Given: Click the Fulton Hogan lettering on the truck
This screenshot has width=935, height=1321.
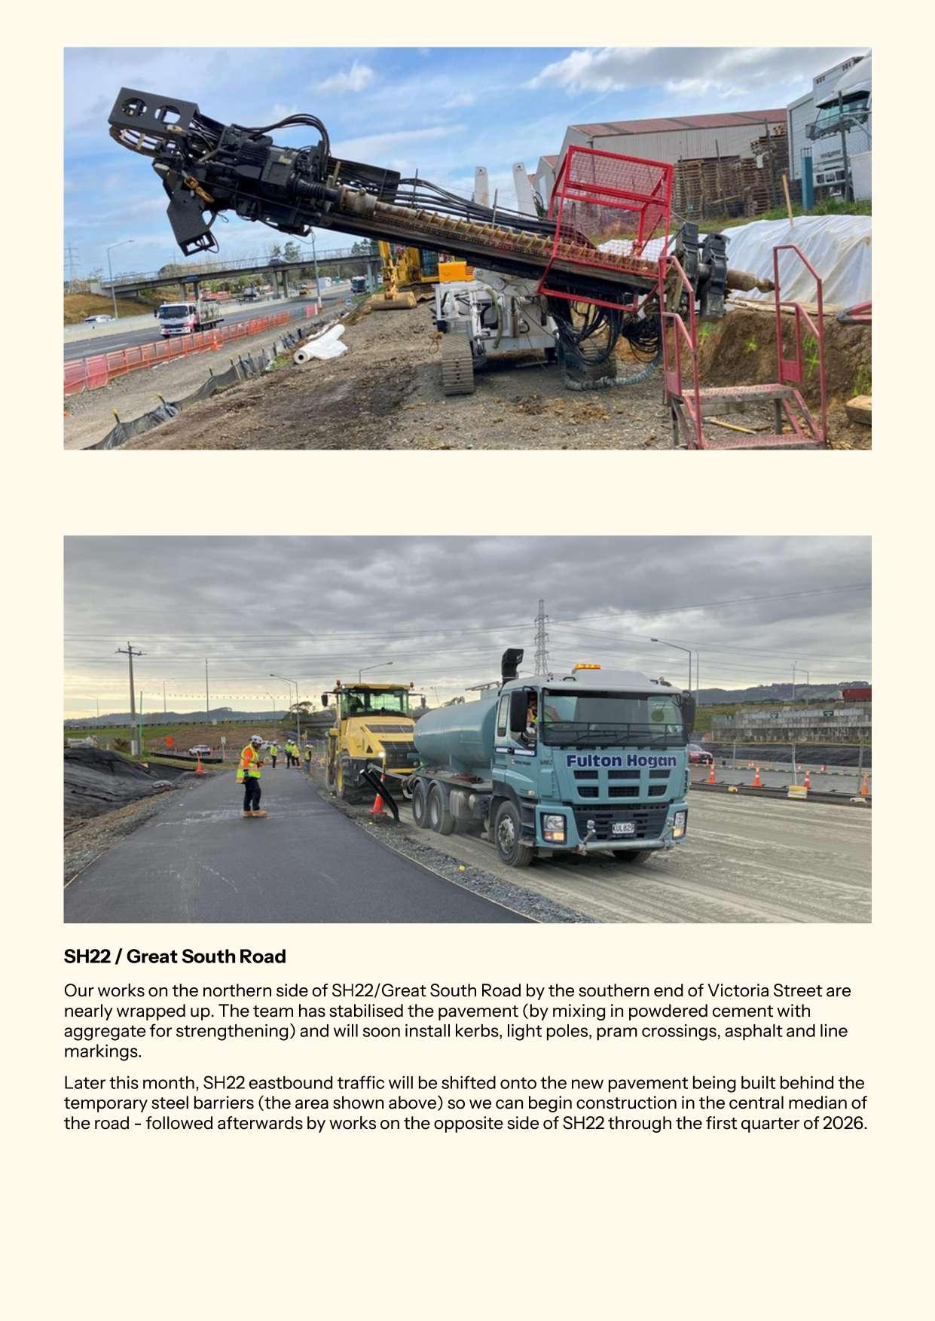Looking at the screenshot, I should coord(621,761).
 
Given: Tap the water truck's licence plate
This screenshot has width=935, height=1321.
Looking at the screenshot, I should coord(622,828).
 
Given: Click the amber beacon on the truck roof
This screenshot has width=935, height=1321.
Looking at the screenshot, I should coord(586,667).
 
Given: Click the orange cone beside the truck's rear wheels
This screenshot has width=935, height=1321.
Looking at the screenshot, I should coord(377,803).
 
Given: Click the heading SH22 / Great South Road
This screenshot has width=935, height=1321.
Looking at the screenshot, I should coord(175,956).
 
